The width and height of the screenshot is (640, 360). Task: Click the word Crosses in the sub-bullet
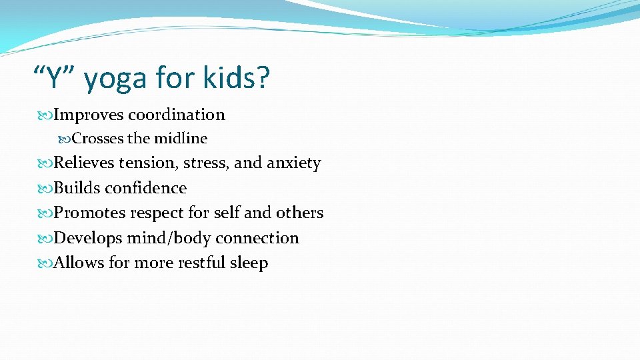(97, 139)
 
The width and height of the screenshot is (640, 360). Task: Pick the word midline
(181, 139)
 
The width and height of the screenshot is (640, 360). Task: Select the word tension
(148, 163)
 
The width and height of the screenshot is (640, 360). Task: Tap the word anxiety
(294, 164)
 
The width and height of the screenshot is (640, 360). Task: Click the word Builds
(77, 188)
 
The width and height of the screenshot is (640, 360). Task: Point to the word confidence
(146, 188)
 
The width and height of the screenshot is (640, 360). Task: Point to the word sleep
(249, 263)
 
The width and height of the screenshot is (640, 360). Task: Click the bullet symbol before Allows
(47, 263)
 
